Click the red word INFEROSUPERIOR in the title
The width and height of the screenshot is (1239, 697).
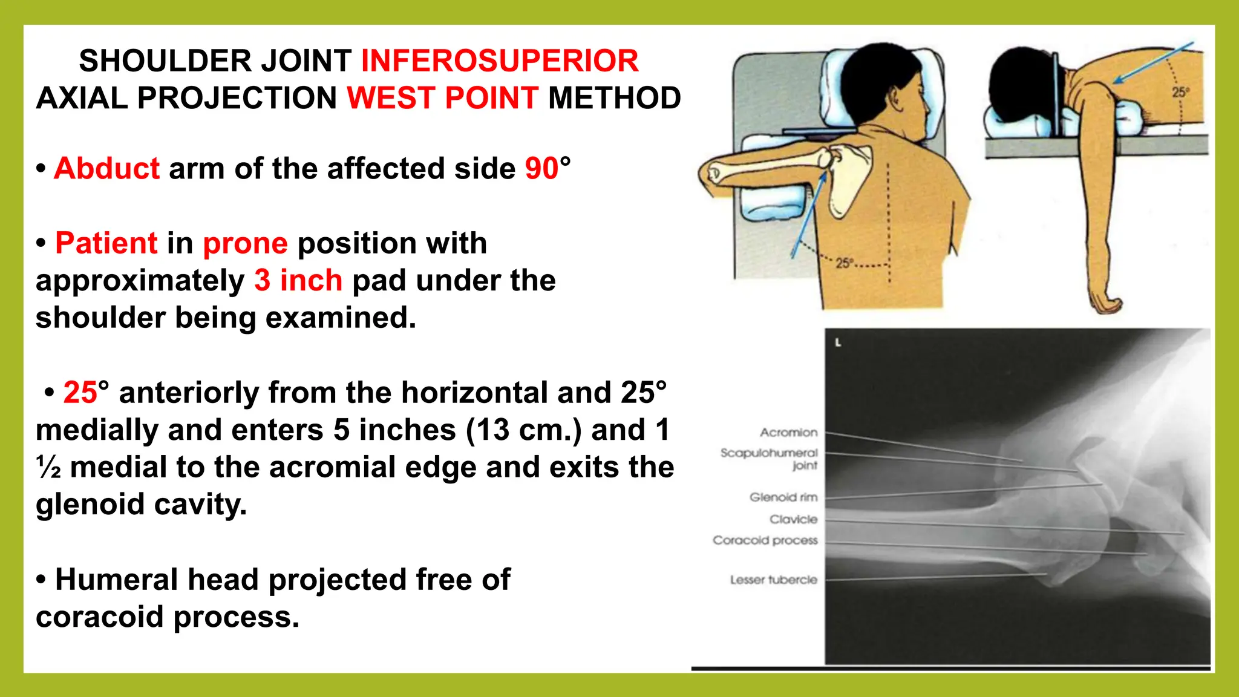point(500,61)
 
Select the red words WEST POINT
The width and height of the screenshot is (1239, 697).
point(442,98)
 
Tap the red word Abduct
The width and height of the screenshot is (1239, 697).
point(107,168)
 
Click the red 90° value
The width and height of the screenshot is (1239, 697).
point(548,168)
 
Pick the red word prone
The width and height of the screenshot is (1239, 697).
point(245,243)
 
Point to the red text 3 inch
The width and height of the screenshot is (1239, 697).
point(298,281)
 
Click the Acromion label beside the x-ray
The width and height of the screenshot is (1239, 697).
point(788,433)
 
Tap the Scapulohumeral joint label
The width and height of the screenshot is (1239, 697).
point(769,459)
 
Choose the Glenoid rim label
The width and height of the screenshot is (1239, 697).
point(783,497)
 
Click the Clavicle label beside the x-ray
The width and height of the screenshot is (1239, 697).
point(793,519)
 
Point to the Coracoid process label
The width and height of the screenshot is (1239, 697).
point(765,540)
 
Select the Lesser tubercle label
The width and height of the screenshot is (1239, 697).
point(773,580)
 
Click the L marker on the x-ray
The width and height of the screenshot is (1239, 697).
point(838,343)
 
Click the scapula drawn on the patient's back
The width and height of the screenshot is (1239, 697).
point(850,179)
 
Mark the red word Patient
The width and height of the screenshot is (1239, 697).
point(106,243)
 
